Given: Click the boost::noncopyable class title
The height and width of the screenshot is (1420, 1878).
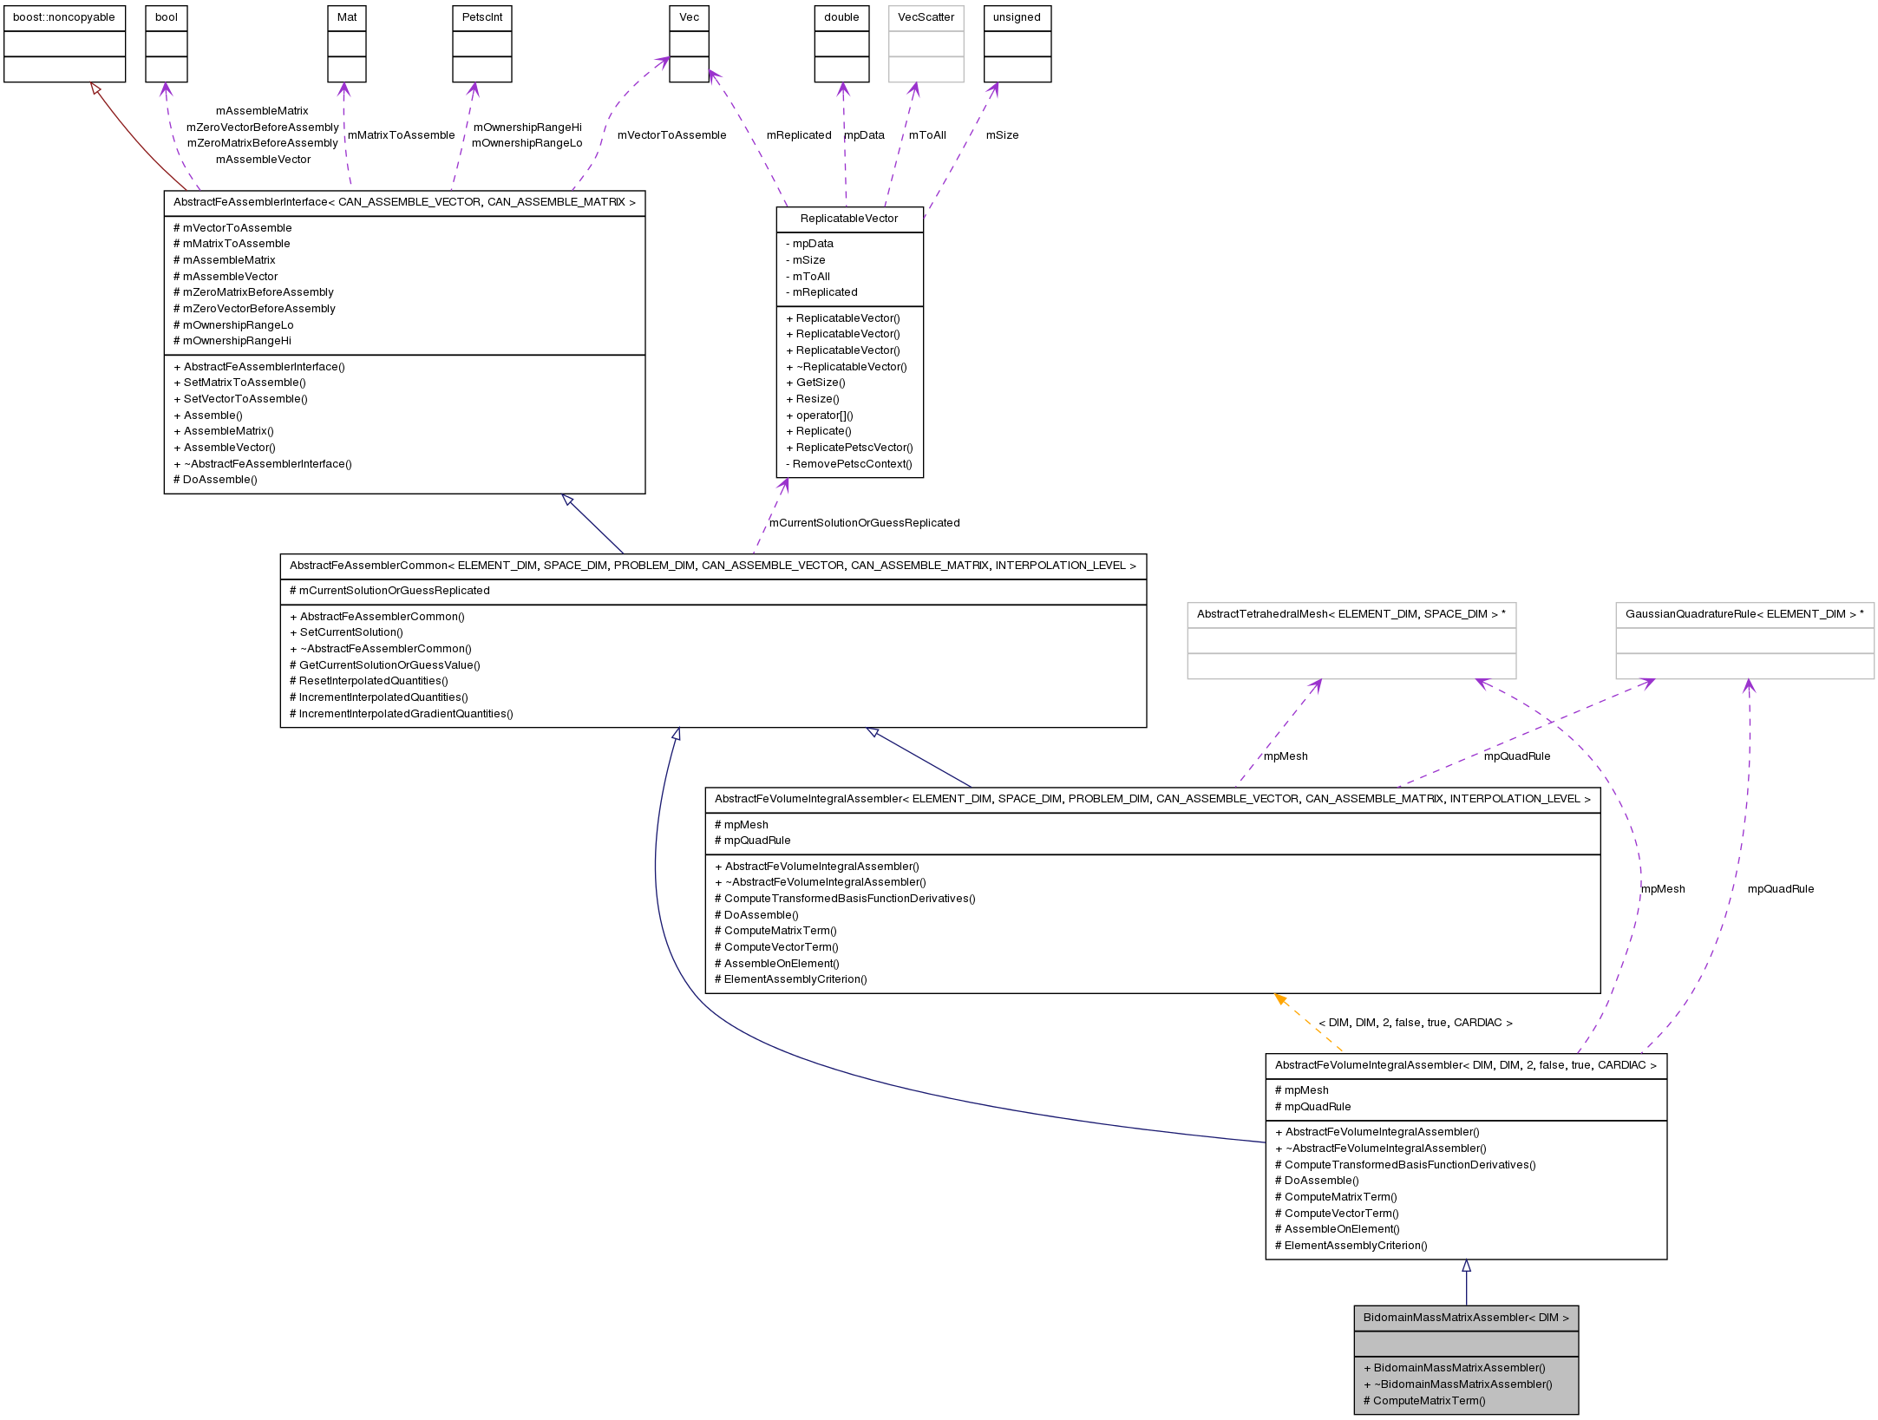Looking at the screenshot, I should tap(64, 17).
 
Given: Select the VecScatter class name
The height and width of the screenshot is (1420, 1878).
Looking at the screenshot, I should tap(926, 17).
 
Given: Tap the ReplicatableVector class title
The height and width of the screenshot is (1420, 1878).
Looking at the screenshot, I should tap(849, 219).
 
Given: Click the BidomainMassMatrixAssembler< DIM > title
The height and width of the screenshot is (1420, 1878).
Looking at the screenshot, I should tap(1466, 1318).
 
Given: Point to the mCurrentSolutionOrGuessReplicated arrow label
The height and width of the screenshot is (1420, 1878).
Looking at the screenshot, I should tap(864, 523).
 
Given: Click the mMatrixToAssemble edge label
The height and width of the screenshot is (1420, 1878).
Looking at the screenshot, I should tap(401, 135).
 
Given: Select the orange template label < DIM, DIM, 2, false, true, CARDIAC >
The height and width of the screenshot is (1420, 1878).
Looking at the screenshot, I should tap(1415, 1023).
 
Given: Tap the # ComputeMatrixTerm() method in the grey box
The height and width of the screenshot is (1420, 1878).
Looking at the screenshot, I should tap(1424, 1400).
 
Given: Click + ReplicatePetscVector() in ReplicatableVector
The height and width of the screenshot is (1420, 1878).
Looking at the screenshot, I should tap(849, 448).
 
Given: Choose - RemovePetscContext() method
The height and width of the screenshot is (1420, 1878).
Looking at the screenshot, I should tap(848, 464).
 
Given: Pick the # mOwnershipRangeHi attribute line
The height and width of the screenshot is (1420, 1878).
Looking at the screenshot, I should tap(232, 341).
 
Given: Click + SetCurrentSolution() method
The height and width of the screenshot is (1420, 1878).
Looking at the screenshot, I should tap(346, 632).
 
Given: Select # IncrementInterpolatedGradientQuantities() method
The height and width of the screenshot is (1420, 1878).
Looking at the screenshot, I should tap(402, 714).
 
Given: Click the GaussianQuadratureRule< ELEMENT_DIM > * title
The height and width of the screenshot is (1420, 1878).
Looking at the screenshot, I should tap(1744, 614).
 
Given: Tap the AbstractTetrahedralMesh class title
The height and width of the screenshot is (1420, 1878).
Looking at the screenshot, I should tap(1351, 614).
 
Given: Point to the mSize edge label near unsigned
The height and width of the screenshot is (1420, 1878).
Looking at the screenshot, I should tap(1002, 135).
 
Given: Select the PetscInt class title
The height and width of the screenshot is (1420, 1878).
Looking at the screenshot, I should tap(482, 17).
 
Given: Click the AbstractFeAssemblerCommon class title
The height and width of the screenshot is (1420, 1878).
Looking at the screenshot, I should tap(712, 566).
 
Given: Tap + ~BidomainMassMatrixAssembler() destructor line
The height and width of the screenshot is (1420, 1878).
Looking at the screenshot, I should tap(1457, 1384).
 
